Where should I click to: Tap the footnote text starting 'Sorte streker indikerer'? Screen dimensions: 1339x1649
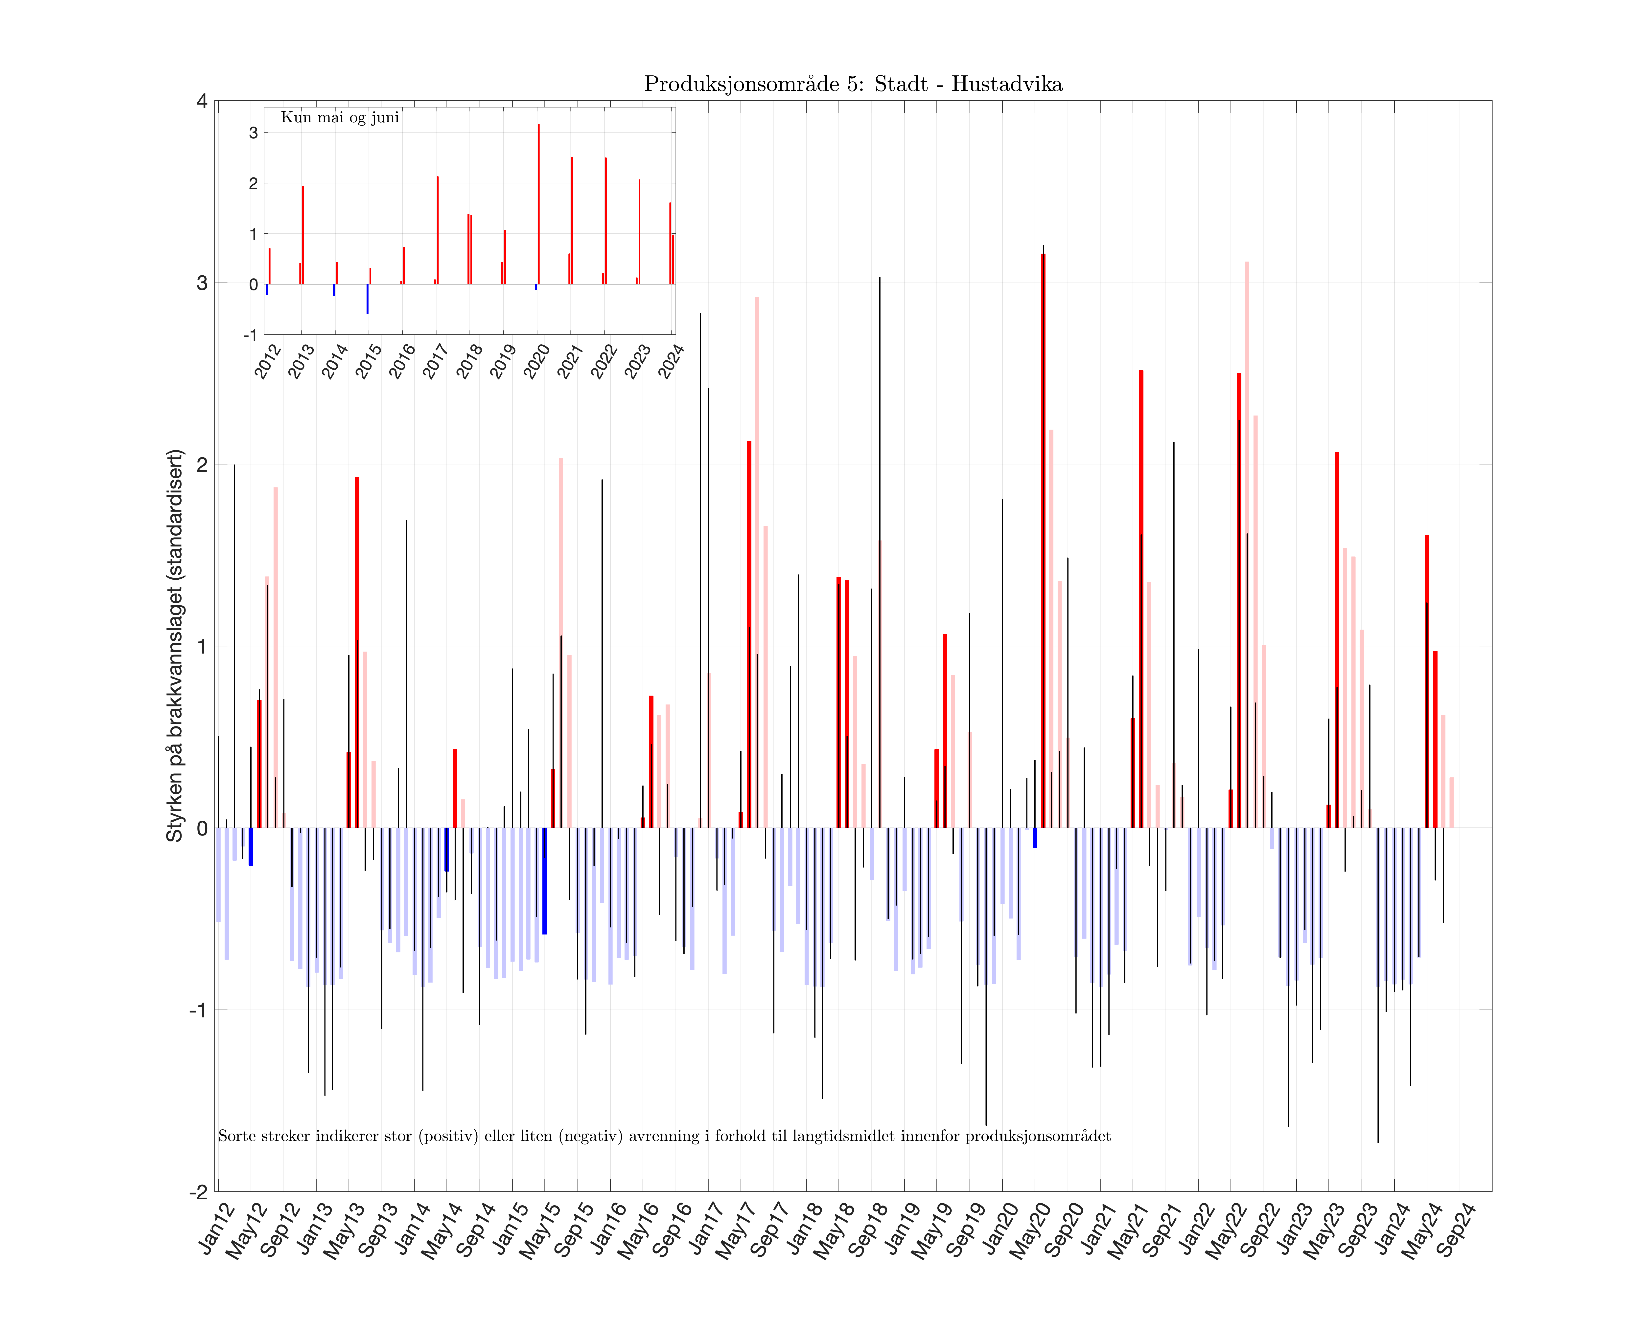[664, 1136]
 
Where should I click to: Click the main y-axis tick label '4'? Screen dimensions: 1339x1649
[202, 101]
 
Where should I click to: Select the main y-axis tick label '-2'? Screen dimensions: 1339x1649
[199, 1192]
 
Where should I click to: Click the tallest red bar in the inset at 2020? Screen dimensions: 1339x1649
[539, 204]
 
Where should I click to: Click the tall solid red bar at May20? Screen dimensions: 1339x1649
[1043, 540]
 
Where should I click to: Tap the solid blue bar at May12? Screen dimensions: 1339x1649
[251, 846]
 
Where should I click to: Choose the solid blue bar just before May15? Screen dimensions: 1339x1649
[545, 881]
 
